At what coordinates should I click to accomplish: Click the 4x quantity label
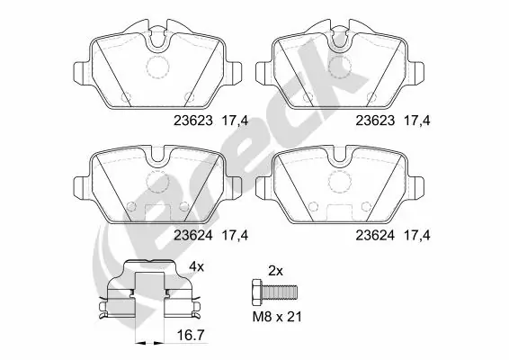pyautogui.click(x=196, y=267)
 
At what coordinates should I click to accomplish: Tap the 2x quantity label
pyautogui.click(x=275, y=269)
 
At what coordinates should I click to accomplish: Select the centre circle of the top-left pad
pyautogui.click(x=158, y=66)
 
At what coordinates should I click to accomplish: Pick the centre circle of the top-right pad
pyautogui.click(x=340, y=66)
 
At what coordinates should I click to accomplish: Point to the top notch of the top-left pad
pyautogui.click(x=158, y=38)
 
